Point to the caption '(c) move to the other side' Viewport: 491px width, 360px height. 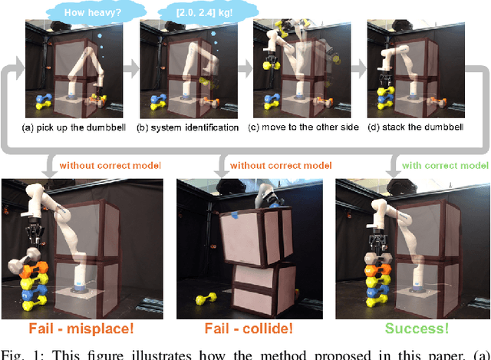pyautogui.click(x=305, y=127)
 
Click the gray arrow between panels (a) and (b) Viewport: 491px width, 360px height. pyautogui.click(x=131, y=69)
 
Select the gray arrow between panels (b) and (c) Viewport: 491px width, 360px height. pyautogui.click(x=245, y=69)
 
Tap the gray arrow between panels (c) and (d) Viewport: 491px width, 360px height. pyautogui.click(x=359, y=69)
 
